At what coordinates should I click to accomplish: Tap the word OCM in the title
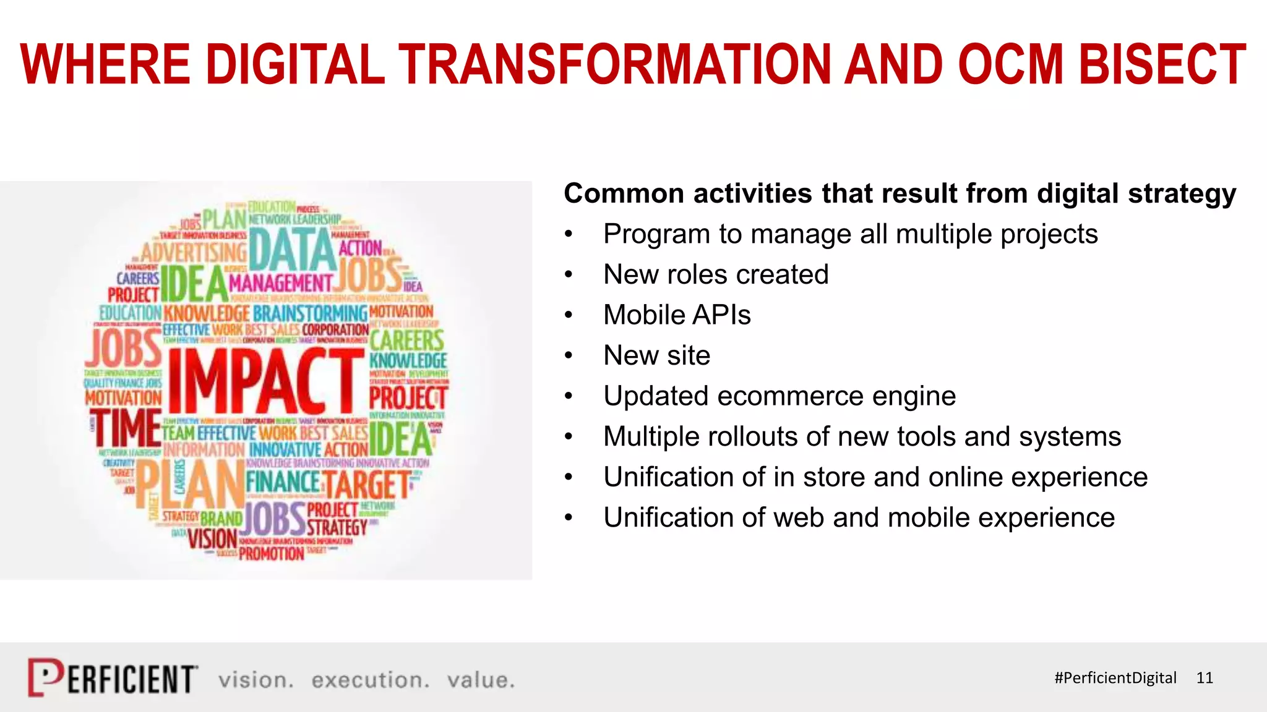[x=1010, y=64]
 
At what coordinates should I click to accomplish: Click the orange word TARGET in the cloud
[x=367, y=485]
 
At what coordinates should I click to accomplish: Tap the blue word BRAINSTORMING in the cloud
[x=310, y=313]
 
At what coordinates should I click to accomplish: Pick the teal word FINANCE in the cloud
[x=283, y=482]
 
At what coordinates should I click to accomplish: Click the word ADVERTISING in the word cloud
[x=193, y=252]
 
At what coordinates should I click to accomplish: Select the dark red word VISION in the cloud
[x=213, y=539]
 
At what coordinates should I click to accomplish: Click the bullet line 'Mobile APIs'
[x=677, y=315]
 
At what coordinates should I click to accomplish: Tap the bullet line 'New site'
[x=656, y=355]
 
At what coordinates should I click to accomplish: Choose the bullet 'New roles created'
[x=716, y=274]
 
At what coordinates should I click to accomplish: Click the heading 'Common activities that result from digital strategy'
[x=900, y=193]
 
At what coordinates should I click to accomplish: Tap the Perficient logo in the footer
[x=113, y=678]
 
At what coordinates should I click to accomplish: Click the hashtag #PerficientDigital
[x=1115, y=678]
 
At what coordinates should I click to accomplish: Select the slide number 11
[x=1204, y=678]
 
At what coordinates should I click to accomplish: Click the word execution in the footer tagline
[x=370, y=680]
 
